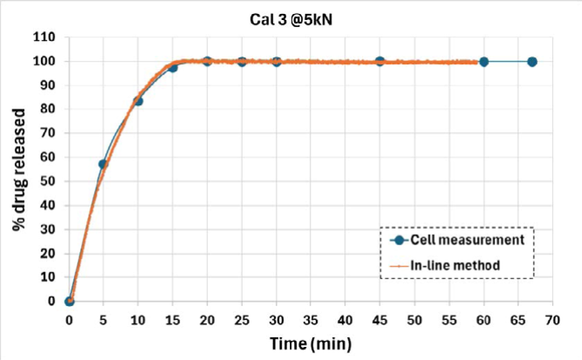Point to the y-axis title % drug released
point(18,170)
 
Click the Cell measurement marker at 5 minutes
point(104,163)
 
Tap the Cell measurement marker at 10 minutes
point(138,101)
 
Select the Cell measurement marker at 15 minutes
point(173,67)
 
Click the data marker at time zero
point(70,301)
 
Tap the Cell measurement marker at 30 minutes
point(277,62)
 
